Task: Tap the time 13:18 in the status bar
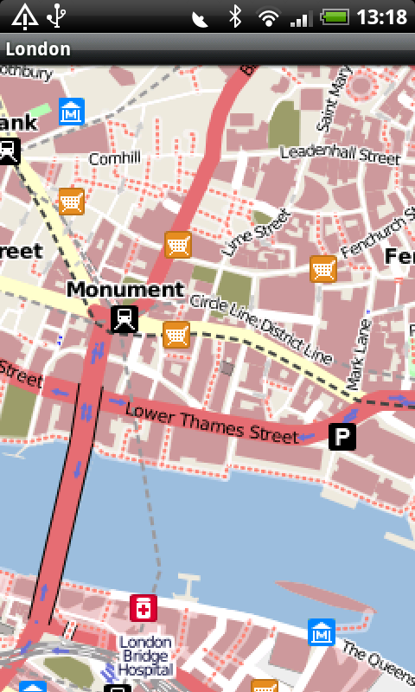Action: coord(381,16)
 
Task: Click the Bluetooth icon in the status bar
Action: coord(234,16)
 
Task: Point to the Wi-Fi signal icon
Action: coord(269,16)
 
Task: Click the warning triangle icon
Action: coord(23,16)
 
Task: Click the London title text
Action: coord(38,48)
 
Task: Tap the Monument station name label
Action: coord(125,290)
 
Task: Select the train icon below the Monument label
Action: coord(124,319)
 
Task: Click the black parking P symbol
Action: coord(342,437)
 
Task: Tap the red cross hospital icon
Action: coord(143,608)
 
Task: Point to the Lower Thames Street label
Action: coord(212,422)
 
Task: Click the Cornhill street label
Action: coord(114,159)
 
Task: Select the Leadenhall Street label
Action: coord(340,155)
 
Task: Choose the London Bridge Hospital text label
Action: coord(146,655)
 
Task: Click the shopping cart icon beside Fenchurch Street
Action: coord(322,269)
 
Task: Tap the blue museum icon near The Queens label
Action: coord(321,632)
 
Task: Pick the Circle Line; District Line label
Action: coord(261,328)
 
